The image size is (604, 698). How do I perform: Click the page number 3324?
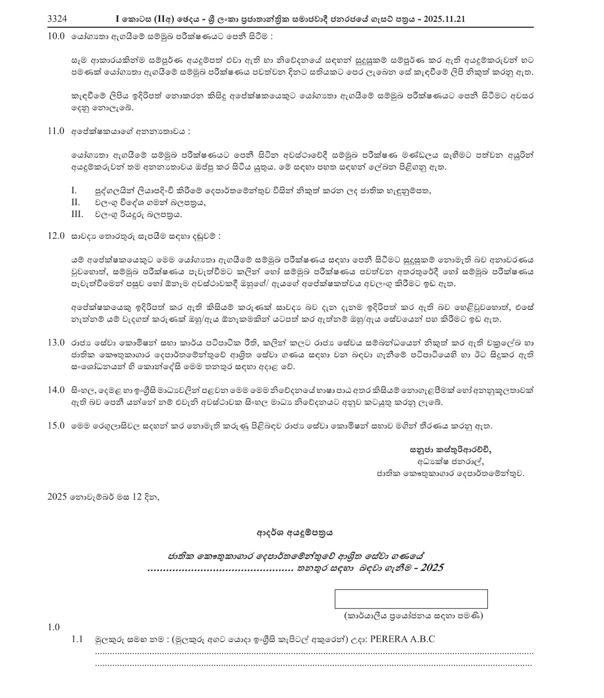pyautogui.click(x=57, y=19)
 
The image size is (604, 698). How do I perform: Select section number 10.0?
pyautogui.click(x=56, y=36)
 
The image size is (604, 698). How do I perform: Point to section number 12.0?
pyautogui.click(x=56, y=236)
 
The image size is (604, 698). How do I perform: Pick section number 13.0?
pyautogui.click(x=56, y=343)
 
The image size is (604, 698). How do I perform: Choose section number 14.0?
pyautogui.click(x=56, y=390)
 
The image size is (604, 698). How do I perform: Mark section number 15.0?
pyautogui.click(x=56, y=426)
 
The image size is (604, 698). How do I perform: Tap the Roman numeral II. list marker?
pyautogui.click(x=75, y=202)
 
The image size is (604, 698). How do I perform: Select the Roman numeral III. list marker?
pyautogui.click(x=77, y=214)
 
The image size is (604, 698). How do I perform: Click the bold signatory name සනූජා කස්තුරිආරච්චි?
pyautogui.click(x=447, y=448)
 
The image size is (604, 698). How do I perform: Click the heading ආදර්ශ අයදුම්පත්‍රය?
pyautogui.click(x=295, y=533)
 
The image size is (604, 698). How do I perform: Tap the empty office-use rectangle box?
pyautogui.click(x=411, y=599)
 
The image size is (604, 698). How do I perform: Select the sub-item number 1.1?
pyautogui.click(x=77, y=639)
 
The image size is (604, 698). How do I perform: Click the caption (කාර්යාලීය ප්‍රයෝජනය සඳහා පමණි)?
pyautogui.click(x=413, y=616)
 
